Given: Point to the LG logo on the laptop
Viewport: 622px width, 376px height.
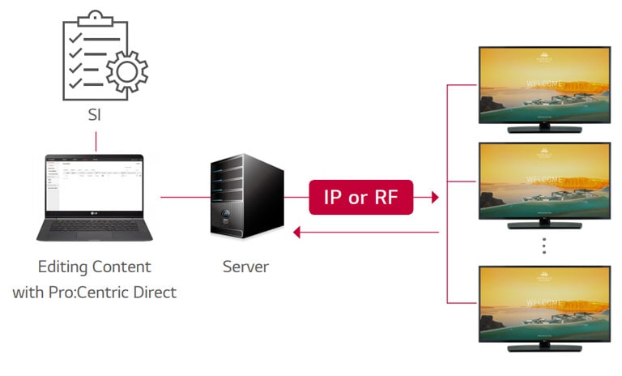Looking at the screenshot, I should (x=95, y=215).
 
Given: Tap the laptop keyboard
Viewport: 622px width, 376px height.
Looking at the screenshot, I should (x=95, y=229).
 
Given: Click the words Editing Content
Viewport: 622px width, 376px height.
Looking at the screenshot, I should (x=95, y=267).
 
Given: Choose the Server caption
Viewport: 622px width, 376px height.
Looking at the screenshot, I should (x=245, y=267).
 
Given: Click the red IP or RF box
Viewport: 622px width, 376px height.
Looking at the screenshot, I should (x=360, y=197).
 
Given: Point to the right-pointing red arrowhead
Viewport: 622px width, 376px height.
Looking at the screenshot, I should (x=435, y=197).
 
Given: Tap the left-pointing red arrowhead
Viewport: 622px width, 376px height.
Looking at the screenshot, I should (x=297, y=233).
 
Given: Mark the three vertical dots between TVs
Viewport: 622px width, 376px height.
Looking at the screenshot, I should (x=544, y=246).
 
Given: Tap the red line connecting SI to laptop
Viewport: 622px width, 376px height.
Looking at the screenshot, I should (x=95, y=141).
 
